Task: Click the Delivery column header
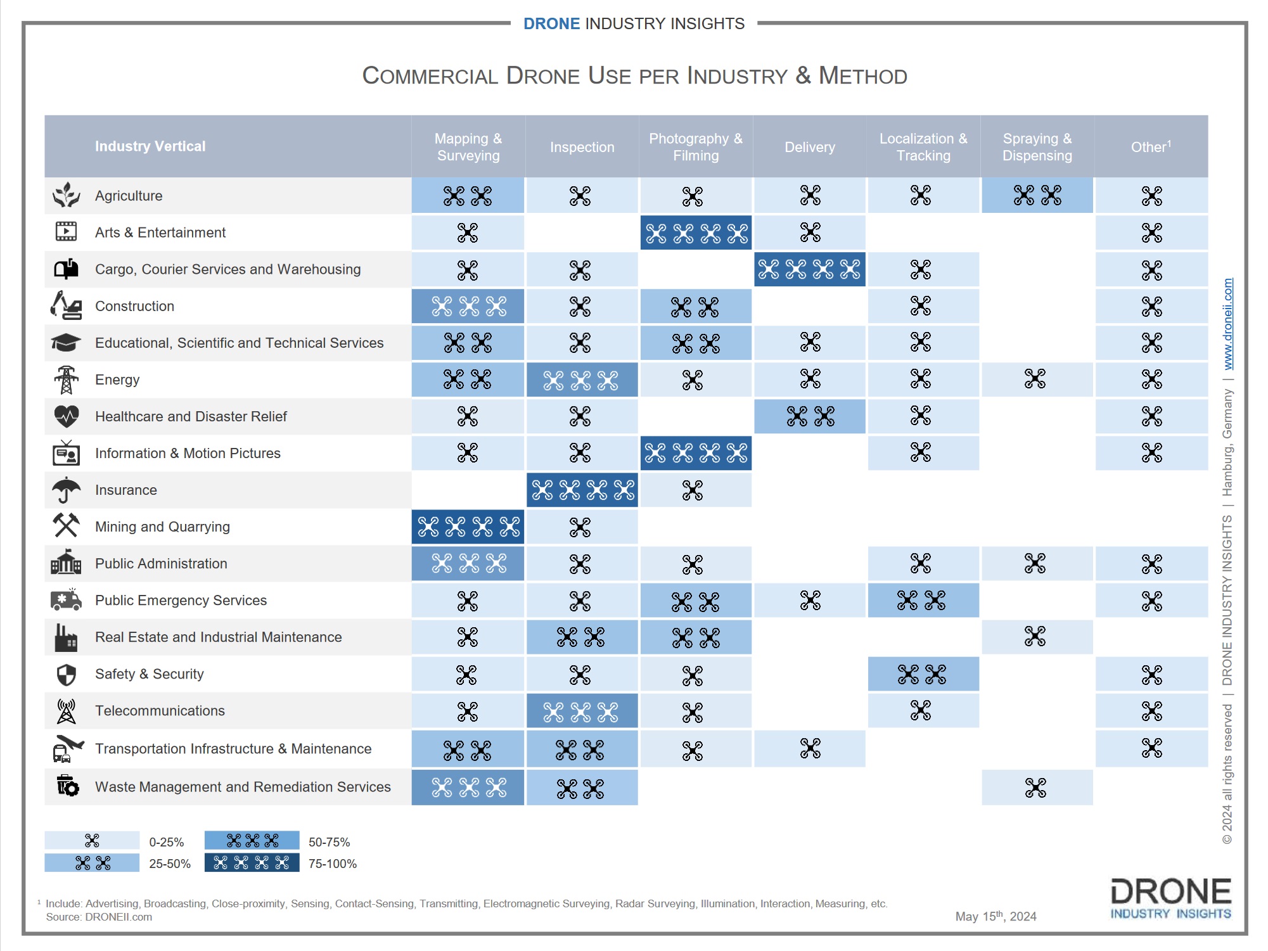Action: point(809,147)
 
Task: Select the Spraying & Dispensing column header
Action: point(1037,147)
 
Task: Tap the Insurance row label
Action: point(125,490)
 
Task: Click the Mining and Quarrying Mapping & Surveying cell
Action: point(468,527)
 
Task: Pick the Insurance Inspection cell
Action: point(582,490)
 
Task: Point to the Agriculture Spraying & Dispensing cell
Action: point(1037,195)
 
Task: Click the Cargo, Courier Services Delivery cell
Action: point(809,269)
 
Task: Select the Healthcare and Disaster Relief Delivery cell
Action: point(809,416)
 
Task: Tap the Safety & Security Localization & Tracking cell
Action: point(923,674)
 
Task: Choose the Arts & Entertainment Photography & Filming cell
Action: point(696,233)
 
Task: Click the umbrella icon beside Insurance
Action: point(66,490)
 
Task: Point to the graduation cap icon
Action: point(66,343)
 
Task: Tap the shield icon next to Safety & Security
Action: point(66,675)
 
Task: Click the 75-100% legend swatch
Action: point(252,863)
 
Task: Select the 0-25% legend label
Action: point(166,842)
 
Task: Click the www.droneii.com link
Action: point(1227,324)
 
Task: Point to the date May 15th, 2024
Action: point(996,916)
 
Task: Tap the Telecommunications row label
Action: point(160,711)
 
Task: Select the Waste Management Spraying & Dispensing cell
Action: point(1037,788)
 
